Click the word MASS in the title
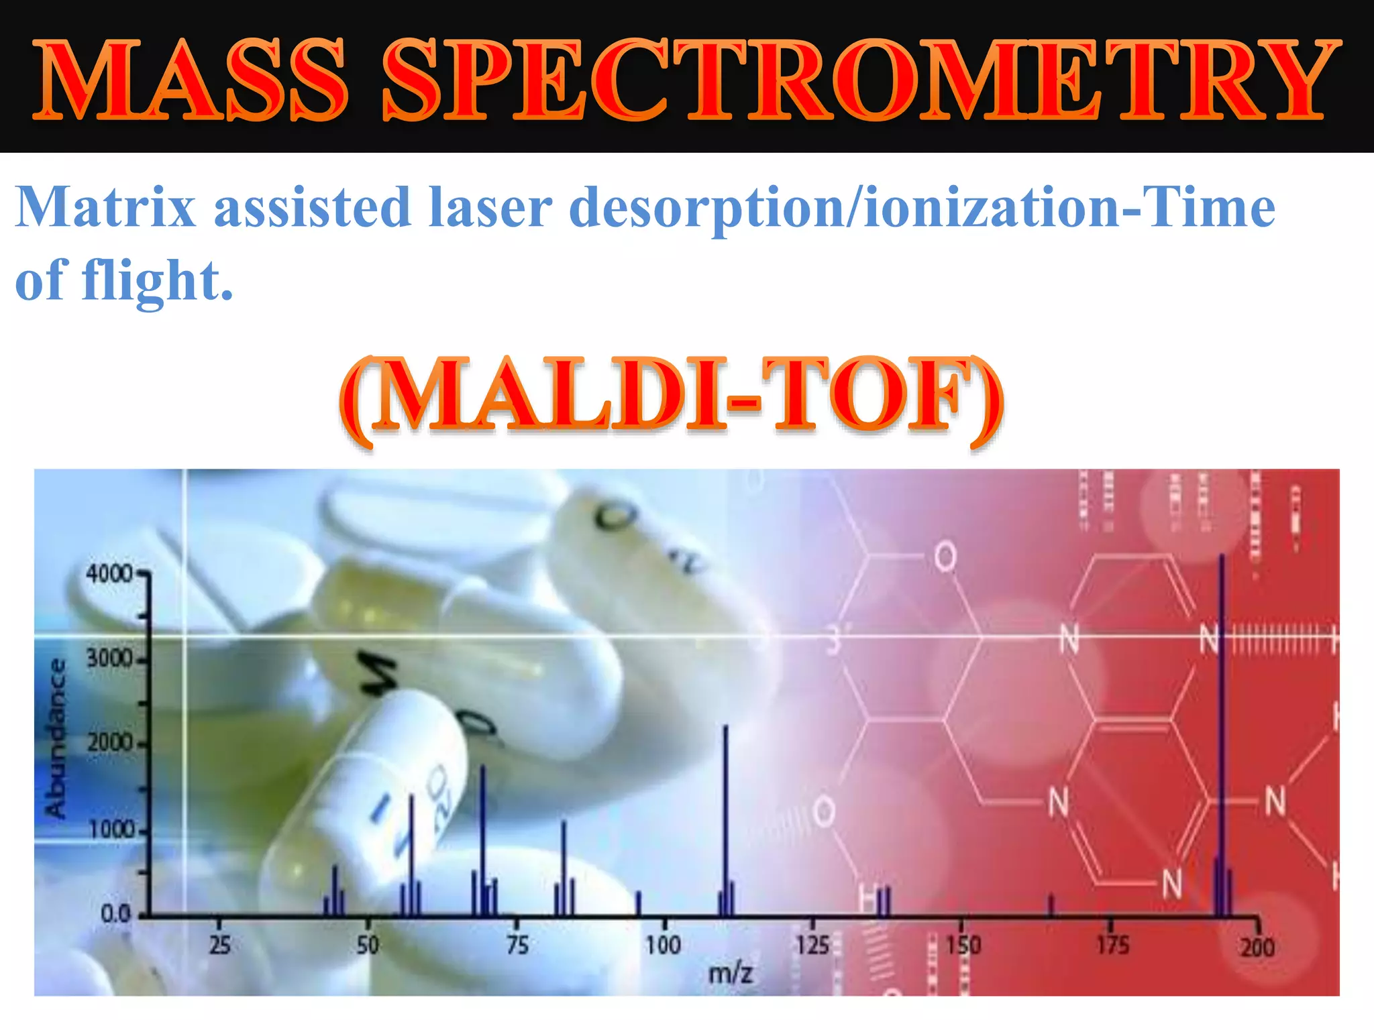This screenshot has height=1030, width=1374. (x=191, y=80)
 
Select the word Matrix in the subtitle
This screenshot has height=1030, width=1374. (x=106, y=207)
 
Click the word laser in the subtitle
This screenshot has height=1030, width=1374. (x=490, y=207)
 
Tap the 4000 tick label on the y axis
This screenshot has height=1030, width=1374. (x=109, y=574)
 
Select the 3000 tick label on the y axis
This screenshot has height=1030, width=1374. (x=109, y=659)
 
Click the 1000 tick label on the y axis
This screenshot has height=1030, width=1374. (x=111, y=830)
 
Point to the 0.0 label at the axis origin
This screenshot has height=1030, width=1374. (x=115, y=913)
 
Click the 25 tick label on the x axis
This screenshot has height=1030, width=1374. (x=219, y=946)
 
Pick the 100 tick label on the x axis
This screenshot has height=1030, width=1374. (x=663, y=946)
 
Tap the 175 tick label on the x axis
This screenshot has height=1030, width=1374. (x=1112, y=946)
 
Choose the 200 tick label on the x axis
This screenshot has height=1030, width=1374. (x=1257, y=947)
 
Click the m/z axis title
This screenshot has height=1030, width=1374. (x=731, y=972)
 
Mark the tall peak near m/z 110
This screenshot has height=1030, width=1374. (x=725, y=818)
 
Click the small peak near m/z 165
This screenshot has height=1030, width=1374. (x=1051, y=905)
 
